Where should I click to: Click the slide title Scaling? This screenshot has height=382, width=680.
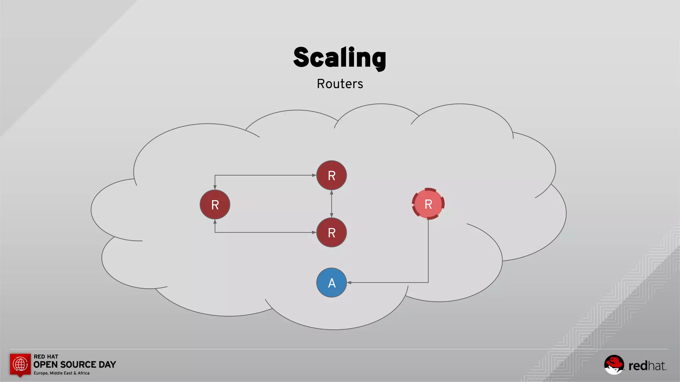(340, 58)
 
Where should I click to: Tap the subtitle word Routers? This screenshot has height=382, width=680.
(340, 84)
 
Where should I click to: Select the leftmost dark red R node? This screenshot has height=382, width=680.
(215, 205)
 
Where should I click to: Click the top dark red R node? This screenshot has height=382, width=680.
(331, 175)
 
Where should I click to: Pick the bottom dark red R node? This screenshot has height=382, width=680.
(331, 232)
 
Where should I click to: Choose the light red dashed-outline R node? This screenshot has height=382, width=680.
(428, 204)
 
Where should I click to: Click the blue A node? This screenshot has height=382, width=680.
(331, 283)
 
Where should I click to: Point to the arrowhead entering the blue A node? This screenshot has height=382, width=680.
(349, 283)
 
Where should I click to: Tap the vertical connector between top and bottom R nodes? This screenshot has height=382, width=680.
(331, 204)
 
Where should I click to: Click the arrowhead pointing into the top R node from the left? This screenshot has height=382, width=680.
(314, 175)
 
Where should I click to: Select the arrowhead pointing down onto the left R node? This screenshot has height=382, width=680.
(215, 187)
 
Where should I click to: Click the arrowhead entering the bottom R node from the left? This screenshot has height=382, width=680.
(314, 232)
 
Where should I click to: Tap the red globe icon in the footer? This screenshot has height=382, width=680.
(20, 364)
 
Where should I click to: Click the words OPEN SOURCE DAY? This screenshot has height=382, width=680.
(75, 365)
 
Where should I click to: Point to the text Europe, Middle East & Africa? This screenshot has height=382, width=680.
(61, 373)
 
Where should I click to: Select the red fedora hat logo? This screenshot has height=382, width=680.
(614, 364)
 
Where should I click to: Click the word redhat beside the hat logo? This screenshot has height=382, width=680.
(647, 366)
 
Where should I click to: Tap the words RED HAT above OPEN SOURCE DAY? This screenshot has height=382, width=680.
(46, 356)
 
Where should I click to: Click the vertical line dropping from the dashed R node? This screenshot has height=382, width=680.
(428, 252)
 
